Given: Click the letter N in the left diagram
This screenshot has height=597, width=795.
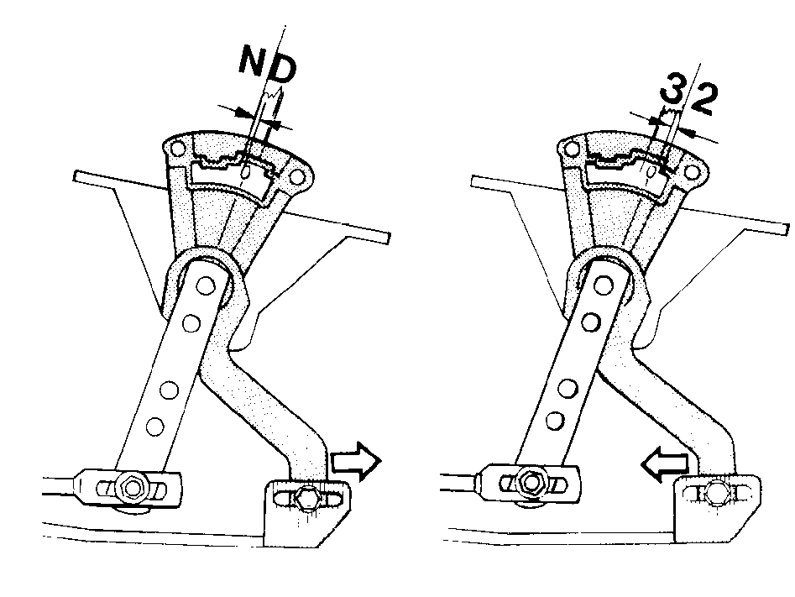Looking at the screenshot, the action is pos(253,60).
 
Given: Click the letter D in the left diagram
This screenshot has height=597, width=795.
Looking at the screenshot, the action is pos(281,71).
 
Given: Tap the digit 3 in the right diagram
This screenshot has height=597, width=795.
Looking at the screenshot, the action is pos(672,93).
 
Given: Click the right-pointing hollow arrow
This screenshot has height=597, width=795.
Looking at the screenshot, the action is pos(356,461).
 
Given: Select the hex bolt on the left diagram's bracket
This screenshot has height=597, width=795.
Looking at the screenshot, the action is pos(307,498).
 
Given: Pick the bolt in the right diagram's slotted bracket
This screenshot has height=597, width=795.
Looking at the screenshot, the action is pos(715,490).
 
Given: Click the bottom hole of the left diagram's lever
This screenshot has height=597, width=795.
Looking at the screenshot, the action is pos(155,425).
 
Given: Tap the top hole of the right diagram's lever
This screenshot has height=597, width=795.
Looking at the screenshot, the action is pos(602,285).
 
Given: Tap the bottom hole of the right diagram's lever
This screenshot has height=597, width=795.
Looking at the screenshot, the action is pos(556,421).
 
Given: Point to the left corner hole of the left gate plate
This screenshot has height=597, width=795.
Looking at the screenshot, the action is pos(177,149).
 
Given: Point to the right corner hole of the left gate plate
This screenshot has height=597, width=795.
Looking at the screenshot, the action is pos(296,178).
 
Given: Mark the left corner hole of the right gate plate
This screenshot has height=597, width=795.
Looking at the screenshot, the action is pos(572,149).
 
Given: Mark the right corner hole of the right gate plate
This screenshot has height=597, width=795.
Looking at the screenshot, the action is pos(692,172).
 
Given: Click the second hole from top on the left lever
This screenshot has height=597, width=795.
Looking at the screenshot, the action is pos(191,323).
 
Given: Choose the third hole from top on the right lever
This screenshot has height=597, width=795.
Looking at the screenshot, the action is pos(567,389).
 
